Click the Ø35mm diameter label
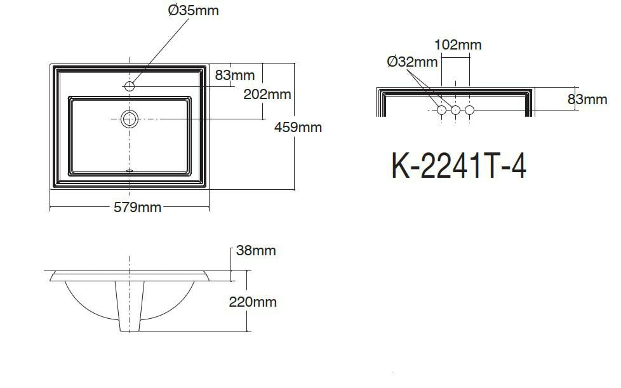click(x=194, y=11)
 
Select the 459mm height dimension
click(x=298, y=127)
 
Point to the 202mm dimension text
click(x=267, y=94)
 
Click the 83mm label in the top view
click(x=234, y=75)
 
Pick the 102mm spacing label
click(x=458, y=44)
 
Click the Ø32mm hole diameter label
click(x=412, y=62)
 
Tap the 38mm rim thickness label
click(x=256, y=250)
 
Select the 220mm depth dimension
click(x=253, y=302)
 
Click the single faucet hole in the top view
click(x=130, y=86)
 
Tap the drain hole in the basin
click(x=130, y=118)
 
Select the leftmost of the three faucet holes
click(x=441, y=110)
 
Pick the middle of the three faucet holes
click(x=455, y=110)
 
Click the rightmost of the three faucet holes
click(x=469, y=110)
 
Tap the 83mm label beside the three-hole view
click(x=587, y=99)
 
